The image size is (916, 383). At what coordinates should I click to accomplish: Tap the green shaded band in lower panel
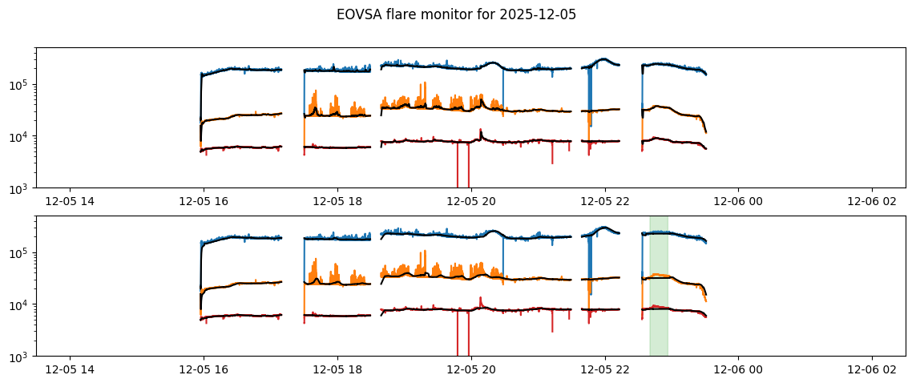[658, 285]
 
